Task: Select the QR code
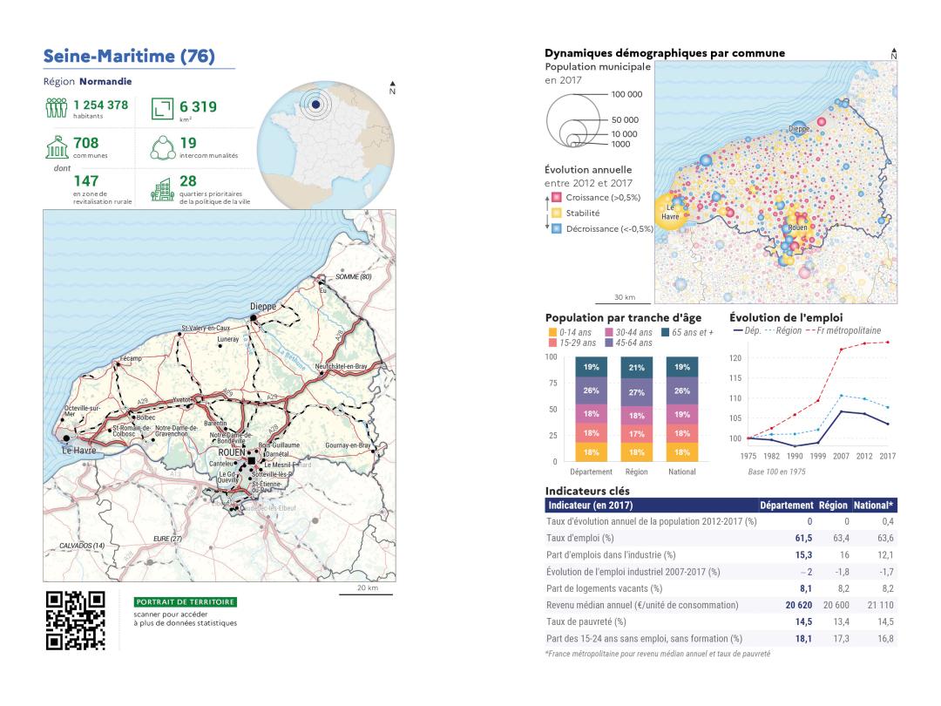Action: (76, 620)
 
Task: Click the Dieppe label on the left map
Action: (262, 307)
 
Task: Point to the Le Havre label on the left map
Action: (78, 450)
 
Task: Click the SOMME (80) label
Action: (354, 276)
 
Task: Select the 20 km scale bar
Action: (367, 594)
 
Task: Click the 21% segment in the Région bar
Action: (637, 367)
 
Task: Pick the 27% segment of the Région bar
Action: (637, 392)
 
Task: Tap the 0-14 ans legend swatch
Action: (552, 332)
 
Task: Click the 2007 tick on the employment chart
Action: (841, 456)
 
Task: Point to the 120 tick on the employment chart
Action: (735, 358)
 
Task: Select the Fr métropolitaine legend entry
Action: (847, 331)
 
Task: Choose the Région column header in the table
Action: (833, 505)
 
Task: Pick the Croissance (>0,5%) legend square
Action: (556, 198)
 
